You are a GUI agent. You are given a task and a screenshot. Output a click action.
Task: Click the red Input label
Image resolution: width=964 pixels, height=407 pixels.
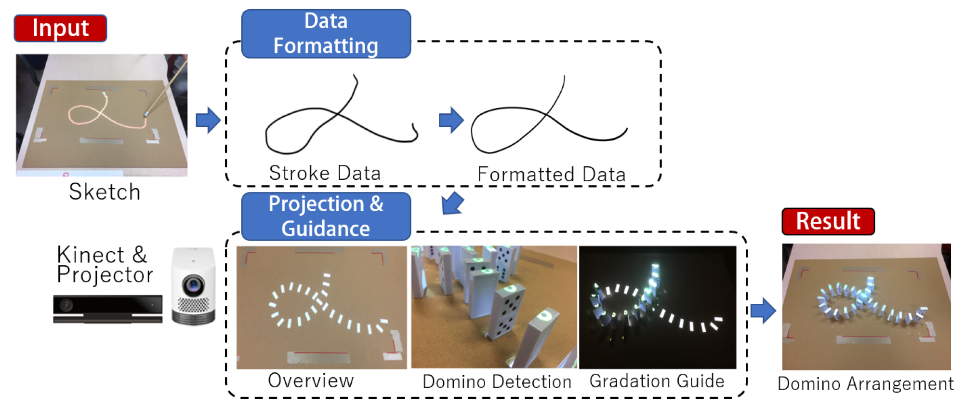click(60, 28)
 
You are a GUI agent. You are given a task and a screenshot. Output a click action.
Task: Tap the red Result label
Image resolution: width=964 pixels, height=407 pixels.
click(828, 221)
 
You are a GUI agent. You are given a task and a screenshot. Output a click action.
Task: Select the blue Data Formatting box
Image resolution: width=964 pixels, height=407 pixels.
click(326, 34)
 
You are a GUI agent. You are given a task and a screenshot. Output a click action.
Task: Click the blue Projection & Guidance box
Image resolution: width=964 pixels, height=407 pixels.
click(326, 216)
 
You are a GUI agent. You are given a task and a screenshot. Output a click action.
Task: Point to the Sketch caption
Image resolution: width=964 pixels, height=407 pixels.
click(105, 192)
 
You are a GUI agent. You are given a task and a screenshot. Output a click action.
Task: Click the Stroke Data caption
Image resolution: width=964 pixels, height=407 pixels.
click(325, 173)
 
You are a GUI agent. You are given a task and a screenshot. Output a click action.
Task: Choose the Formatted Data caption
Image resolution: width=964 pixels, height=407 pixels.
click(551, 174)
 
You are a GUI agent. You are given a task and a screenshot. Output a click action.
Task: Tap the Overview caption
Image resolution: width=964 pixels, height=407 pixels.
click(311, 380)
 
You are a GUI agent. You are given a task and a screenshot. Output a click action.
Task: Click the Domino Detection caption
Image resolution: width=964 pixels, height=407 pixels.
click(497, 381)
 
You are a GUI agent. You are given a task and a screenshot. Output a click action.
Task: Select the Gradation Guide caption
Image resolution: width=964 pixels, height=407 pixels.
click(657, 381)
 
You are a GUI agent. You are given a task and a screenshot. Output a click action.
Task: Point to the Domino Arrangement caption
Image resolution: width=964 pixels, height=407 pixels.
click(865, 384)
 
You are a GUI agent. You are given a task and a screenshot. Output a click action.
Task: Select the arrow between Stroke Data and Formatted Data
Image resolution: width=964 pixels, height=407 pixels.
click(451, 120)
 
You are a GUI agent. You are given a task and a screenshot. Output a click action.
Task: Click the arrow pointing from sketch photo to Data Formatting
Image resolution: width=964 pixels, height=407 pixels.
click(208, 120)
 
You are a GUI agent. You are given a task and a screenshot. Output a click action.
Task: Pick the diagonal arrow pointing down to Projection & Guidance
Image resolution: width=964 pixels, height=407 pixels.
click(452, 203)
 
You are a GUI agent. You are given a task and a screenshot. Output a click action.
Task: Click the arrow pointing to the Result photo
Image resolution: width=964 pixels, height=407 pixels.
click(763, 310)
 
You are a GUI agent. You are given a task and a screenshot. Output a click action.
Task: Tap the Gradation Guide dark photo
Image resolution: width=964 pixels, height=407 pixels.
click(657, 307)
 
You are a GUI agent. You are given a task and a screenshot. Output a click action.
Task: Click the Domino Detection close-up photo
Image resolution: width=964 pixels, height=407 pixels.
click(494, 307)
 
